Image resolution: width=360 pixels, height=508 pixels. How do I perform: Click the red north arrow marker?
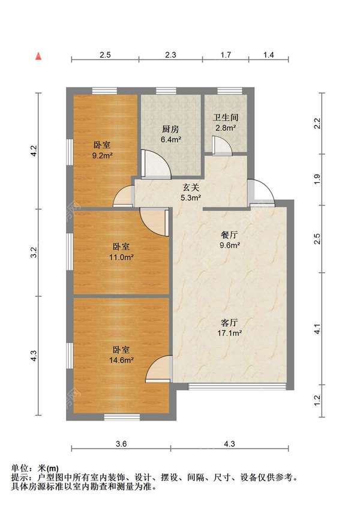click(x=38, y=56)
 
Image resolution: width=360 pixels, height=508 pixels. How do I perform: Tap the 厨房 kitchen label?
click(x=170, y=129)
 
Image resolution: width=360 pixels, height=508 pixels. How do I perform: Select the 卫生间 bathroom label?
click(x=224, y=118)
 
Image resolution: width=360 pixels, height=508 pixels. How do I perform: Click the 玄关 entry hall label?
click(x=191, y=187)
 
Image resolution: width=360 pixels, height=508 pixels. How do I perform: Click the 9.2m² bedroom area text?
click(x=101, y=155)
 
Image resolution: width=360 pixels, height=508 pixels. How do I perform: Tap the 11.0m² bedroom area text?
click(x=121, y=257)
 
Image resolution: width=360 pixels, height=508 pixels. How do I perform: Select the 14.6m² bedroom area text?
click(x=121, y=360)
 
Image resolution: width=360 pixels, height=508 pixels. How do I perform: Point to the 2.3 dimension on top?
click(x=170, y=55)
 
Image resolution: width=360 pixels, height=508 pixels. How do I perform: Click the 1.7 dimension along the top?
click(x=226, y=55)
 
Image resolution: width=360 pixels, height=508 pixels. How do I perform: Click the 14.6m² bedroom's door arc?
click(x=161, y=368)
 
